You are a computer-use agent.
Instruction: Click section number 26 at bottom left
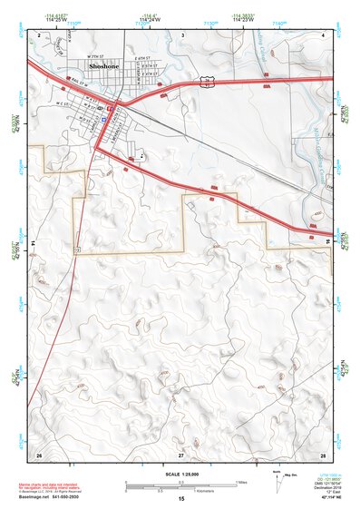coord(39,453)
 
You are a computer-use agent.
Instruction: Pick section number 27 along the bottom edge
coord(180,453)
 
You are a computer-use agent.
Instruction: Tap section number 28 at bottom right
coord(322,453)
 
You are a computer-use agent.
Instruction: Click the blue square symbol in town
coord(105,119)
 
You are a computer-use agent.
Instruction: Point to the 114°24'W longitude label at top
coord(180,17)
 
